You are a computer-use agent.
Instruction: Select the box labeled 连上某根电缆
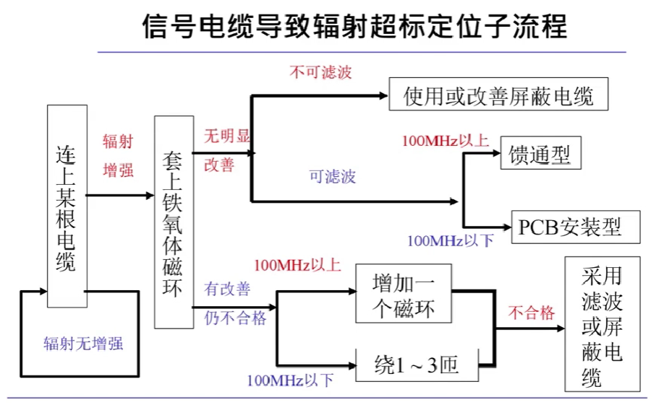coord(67,206)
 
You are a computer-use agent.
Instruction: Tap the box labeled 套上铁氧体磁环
coord(174,222)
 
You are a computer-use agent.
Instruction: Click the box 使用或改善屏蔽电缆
coord(498,95)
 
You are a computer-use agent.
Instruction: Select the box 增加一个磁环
coord(404,294)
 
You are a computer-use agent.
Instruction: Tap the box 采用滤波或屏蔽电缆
coord(601,323)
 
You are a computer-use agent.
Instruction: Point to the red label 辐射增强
coord(119,155)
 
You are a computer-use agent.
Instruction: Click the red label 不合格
coord(532,313)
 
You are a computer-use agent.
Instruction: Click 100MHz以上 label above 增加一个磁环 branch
coord(297,265)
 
